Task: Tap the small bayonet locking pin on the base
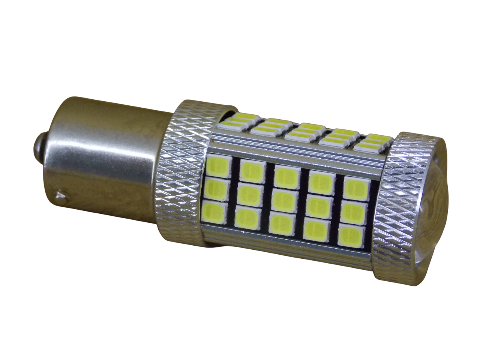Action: point(59,195)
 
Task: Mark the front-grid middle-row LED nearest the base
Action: point(216,187)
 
